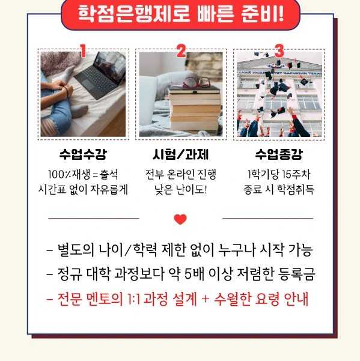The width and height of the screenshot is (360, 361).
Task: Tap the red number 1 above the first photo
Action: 83,51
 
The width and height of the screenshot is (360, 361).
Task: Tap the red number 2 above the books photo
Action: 181,51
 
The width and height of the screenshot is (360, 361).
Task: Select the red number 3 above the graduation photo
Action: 279,51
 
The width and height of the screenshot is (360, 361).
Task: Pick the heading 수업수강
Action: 83,154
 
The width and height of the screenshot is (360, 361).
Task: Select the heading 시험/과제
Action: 181,154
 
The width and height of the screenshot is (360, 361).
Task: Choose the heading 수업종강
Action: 279,154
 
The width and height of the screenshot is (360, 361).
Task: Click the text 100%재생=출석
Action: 83,174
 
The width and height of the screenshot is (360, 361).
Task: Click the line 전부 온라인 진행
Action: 181,174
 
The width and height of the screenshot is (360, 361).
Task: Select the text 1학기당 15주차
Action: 279,174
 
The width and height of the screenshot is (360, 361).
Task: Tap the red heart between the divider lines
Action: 180,219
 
